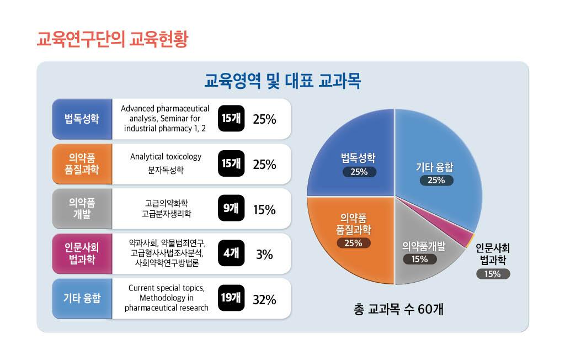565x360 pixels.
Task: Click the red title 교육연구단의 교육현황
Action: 111,40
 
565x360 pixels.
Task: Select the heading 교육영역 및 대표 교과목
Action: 282,82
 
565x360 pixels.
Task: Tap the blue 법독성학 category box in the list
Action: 82,119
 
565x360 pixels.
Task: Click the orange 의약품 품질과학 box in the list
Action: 82,164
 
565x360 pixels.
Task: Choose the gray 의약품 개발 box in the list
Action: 82,209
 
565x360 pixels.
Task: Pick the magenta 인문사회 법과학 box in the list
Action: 82,254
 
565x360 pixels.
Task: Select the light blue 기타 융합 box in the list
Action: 82,299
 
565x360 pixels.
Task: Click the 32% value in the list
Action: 264,300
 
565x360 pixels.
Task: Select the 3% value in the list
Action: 264,255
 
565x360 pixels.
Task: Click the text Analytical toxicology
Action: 166,157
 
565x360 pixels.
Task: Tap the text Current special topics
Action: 166,288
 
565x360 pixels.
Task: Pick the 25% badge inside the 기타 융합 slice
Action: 436,181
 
